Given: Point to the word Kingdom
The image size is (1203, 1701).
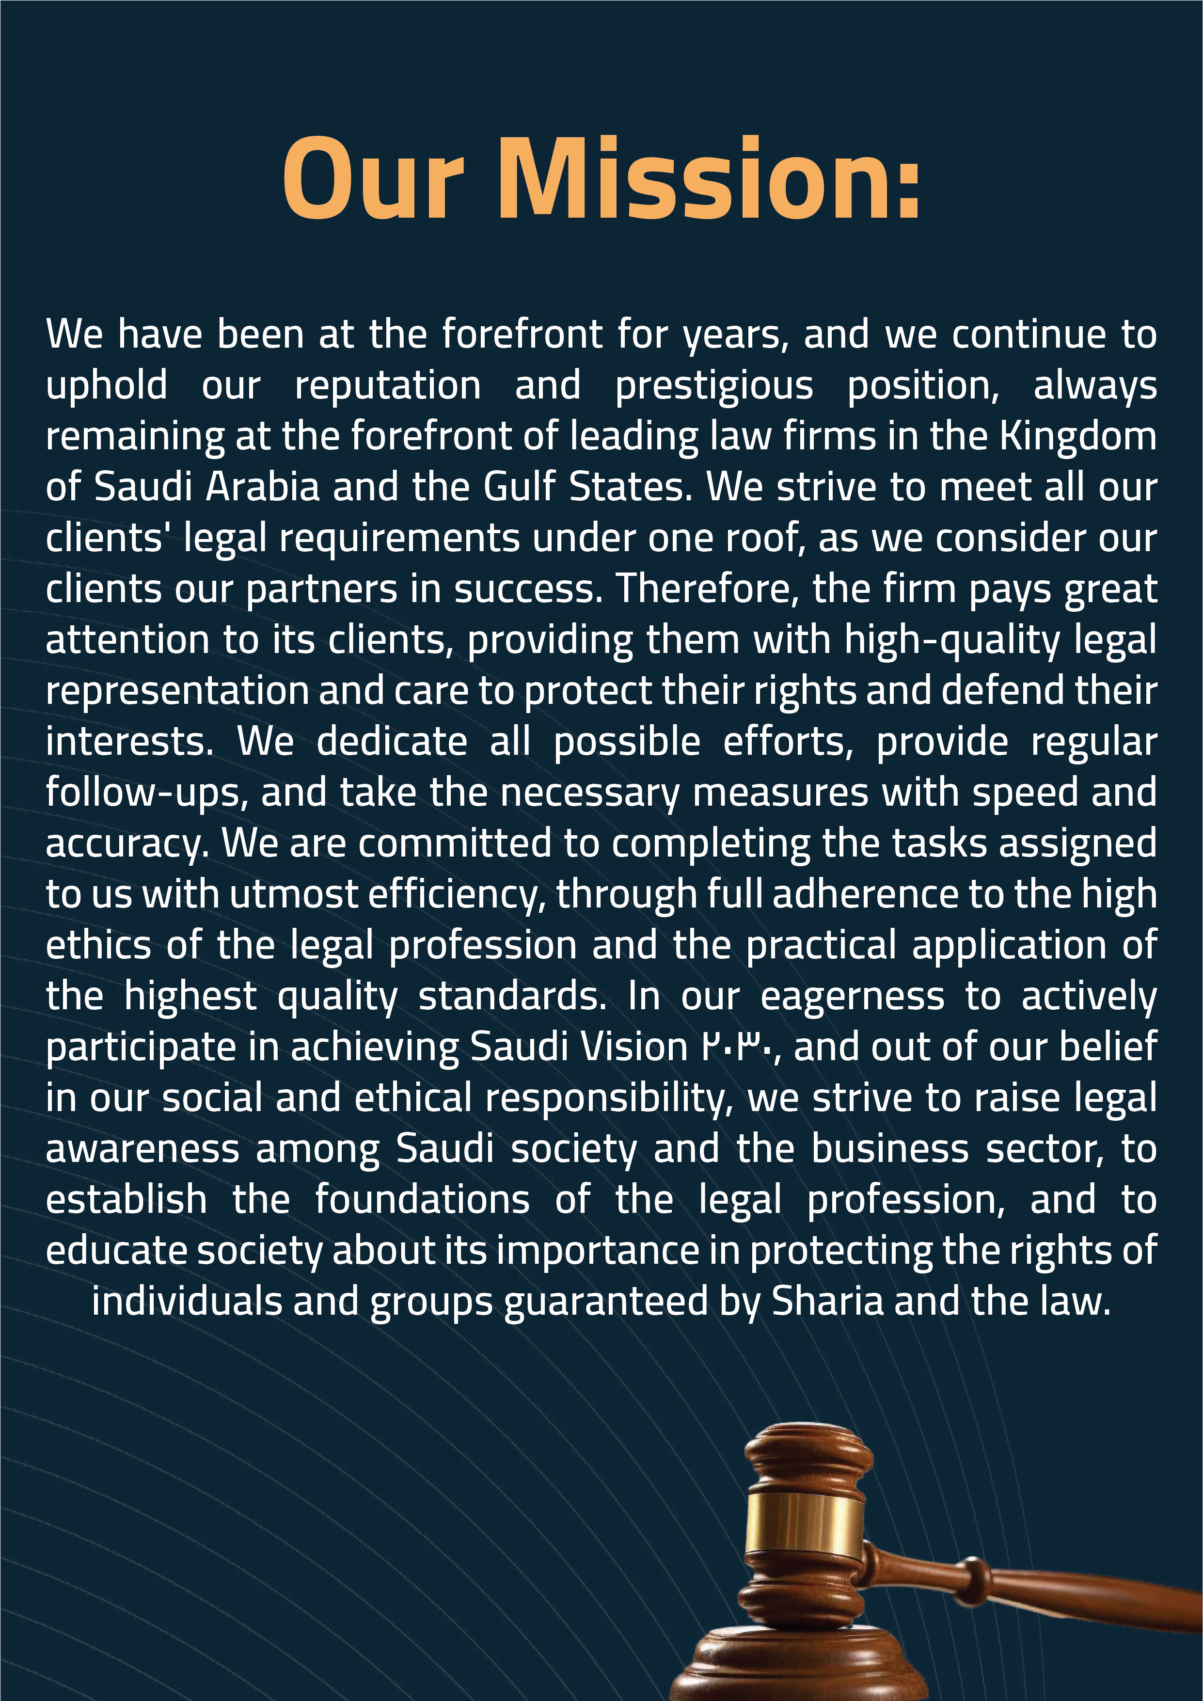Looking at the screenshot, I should click(1078, 437).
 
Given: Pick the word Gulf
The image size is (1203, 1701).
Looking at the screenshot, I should click(519, 488).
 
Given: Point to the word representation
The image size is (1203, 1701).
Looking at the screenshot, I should click(177, 691).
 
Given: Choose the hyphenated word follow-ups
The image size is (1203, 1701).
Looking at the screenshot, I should click(146, 793).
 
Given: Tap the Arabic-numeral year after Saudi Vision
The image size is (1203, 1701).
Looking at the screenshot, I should click(738, 1047).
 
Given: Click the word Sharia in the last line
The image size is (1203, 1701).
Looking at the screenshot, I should click(827, 1302).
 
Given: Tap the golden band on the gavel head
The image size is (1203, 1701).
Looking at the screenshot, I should click(804, 1523).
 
